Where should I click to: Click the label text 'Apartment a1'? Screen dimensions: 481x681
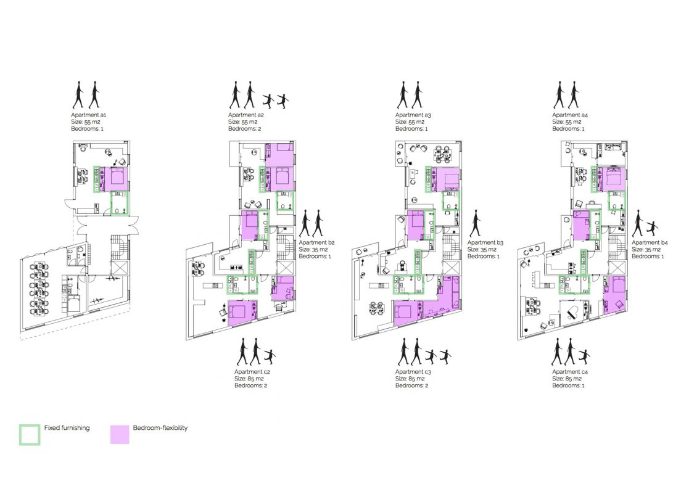coord(90,115)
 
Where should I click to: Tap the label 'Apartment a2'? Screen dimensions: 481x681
coord(246,115)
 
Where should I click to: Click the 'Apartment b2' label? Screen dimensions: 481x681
coord(316,243)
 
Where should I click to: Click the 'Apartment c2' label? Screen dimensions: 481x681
coord(252,372)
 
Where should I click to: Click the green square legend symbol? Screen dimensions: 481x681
coord(30,434)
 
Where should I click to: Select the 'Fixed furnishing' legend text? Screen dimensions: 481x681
coord(67,427)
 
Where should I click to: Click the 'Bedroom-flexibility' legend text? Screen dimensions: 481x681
coord(160,427)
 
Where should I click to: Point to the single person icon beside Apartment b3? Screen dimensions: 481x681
coord(475,224)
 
